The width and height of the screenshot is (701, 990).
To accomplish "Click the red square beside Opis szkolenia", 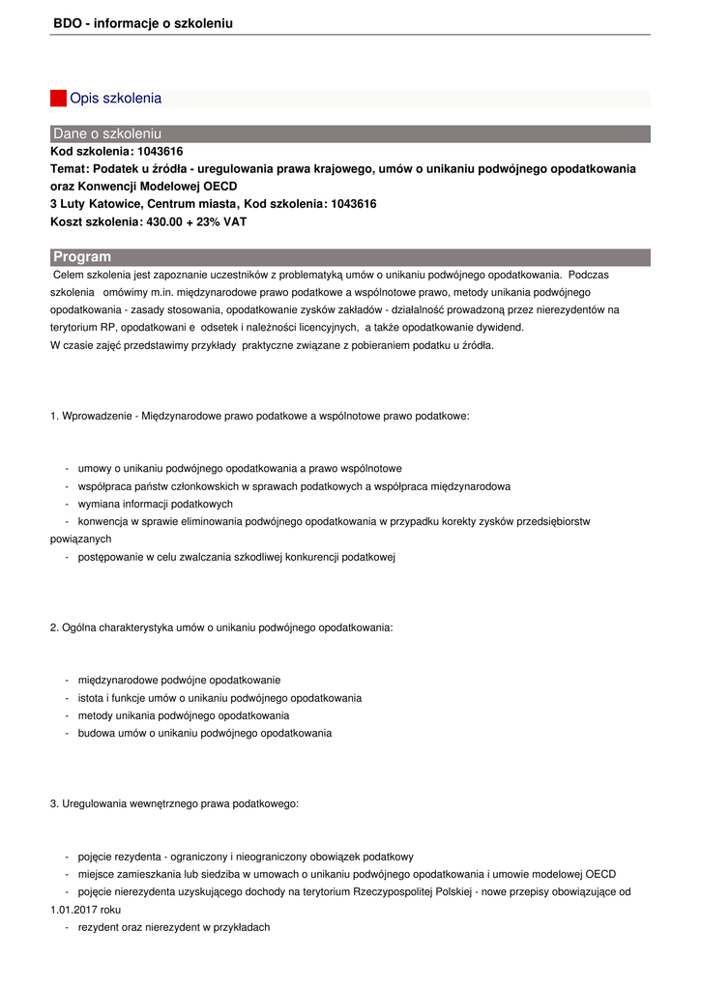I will point(58,98).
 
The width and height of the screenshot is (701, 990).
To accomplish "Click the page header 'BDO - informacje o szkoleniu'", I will point(143,22).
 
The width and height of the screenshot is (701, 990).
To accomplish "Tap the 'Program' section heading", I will point(82,256).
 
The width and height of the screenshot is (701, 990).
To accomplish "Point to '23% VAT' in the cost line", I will point(221,221).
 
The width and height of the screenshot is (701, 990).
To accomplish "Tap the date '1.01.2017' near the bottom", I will point(73,910).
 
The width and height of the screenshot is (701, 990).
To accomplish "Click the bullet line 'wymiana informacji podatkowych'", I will point(156,504).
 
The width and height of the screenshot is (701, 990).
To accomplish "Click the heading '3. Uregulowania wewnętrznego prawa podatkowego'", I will point(174,803).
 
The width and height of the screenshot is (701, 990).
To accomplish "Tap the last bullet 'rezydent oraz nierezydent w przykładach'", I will point(174,927).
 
